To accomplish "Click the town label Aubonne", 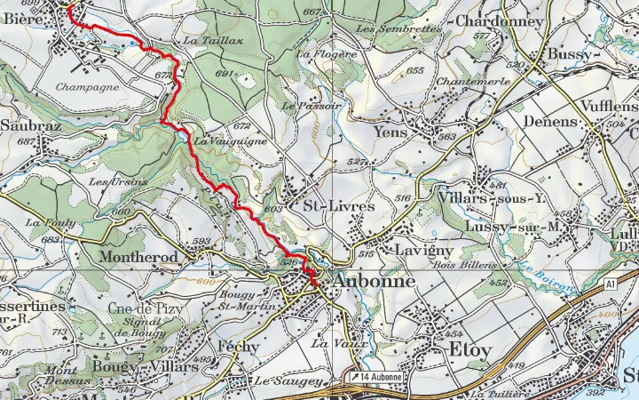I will click(x=375, y=282).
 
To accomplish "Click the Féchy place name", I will click(x=238, y=347).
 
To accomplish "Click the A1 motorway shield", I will click(x=610, y=284).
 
